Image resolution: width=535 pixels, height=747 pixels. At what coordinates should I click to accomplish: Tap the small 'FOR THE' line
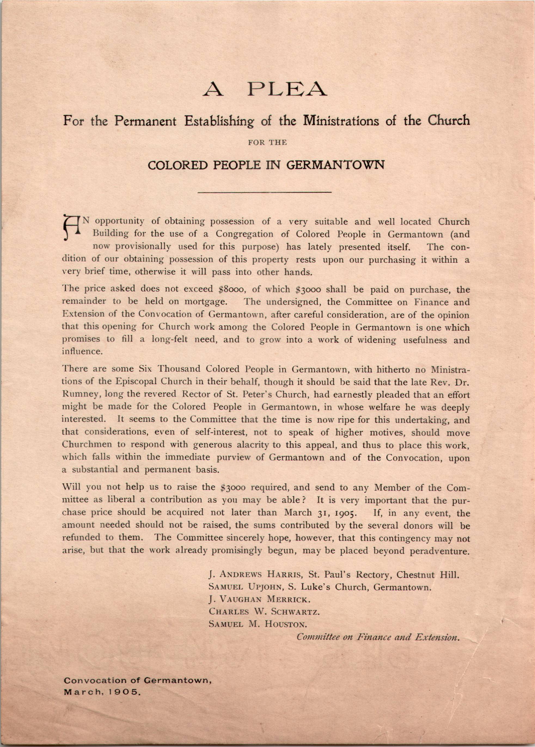[267, 143]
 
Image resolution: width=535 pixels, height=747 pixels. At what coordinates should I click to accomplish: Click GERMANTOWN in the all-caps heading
[335, 165]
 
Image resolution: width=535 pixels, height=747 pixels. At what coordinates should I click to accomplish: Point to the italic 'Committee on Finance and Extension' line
[378, 637]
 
